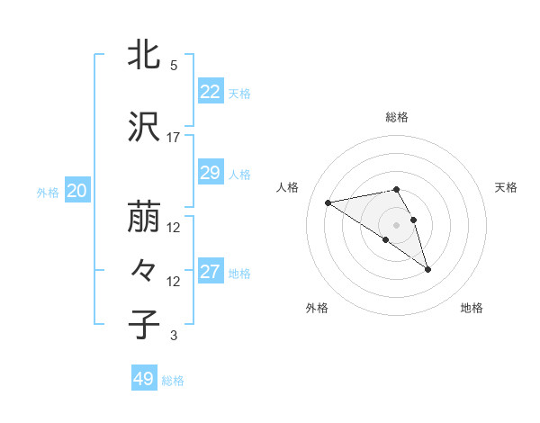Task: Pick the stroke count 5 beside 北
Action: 173,66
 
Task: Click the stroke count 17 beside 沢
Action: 173,138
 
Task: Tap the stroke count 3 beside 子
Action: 173,336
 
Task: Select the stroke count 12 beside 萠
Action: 173,228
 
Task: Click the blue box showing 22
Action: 210,92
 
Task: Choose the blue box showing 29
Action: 210,173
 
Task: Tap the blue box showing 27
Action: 210,272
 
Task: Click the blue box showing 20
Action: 77,191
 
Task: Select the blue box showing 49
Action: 143,379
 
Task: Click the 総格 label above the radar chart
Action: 397,117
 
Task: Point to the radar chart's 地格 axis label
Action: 472,308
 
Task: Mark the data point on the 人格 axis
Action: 328,202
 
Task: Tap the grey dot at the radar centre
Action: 397,224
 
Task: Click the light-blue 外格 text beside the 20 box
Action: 48,192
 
